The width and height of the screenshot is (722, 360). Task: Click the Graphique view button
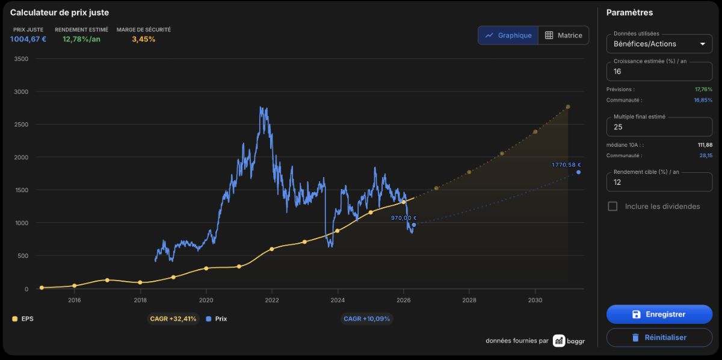pos(508,35)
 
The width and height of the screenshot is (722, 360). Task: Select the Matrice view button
pos(563,35)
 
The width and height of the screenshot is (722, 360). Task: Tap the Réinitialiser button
pos(659,337)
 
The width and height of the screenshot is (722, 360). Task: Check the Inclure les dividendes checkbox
pos(612,206)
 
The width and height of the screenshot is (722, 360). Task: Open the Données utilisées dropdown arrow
pos(703,44)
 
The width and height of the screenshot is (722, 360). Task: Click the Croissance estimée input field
pos(659,71)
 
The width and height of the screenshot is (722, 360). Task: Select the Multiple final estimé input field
pos(659,127)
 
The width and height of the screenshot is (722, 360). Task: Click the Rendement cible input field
pos(659,182)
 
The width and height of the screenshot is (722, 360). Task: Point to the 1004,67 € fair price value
pos(28,39)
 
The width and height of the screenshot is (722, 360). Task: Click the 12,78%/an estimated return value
pos(81,39)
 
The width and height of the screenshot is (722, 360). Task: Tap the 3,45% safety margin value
pos(143,39)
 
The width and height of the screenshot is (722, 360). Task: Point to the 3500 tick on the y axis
pos(21,59)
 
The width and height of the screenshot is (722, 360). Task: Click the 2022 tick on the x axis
pos(272,300)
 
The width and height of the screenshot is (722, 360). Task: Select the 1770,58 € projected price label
pos(566,165)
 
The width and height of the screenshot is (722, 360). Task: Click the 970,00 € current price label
pos(404,218)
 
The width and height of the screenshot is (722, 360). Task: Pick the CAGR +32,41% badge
pos(173,318)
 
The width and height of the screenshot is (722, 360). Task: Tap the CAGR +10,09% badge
pos(366,318)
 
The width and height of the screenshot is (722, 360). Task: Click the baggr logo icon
pos(559,341)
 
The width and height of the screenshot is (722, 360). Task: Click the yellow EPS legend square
pos(15,318)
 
